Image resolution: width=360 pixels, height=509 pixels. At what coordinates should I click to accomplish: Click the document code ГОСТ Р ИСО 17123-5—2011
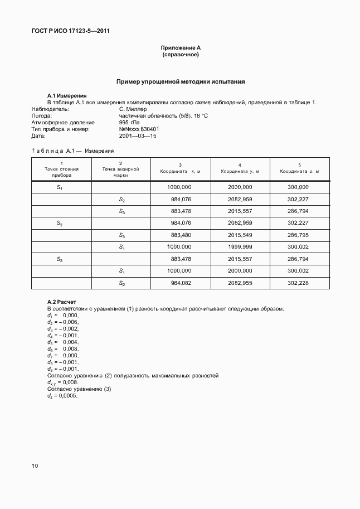70,31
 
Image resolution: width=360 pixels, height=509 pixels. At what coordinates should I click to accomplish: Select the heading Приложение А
180,48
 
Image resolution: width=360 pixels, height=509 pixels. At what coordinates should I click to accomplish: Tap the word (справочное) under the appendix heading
180,55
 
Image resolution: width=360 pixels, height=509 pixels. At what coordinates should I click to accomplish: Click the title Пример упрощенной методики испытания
180,82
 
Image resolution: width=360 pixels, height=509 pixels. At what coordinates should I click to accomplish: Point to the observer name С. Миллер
133,109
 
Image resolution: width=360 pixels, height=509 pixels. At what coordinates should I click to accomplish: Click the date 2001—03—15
138,135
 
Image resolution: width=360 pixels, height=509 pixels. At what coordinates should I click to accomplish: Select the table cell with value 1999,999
240,247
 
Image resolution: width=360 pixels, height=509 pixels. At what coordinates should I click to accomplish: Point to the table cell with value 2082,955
240,283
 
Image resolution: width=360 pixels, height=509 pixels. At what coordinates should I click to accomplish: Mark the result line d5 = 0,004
62,342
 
